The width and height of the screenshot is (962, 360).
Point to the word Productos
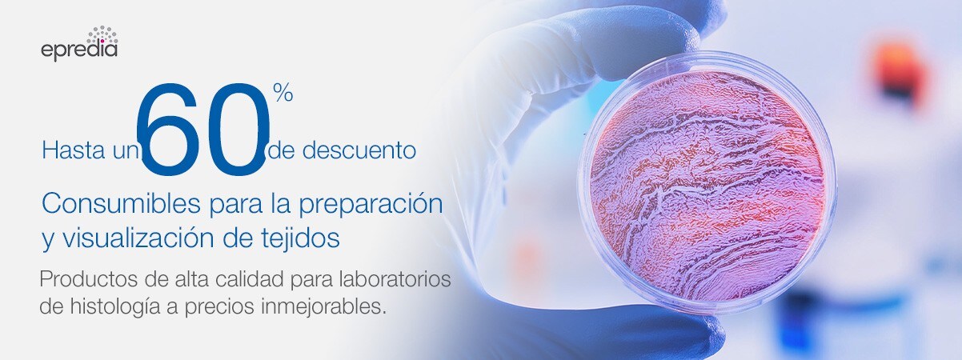coord(84,281)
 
